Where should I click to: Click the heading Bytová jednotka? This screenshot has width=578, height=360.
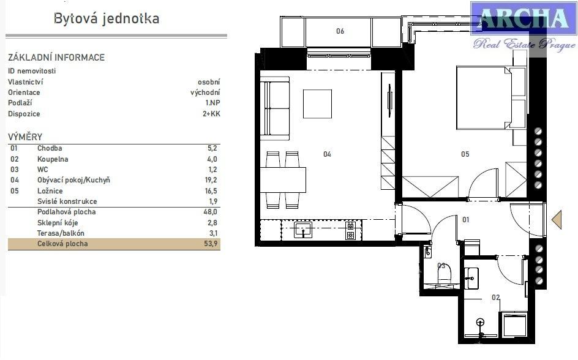(x=107, y=18)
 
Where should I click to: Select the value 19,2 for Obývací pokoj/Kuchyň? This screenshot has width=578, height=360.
(x=211, y=180)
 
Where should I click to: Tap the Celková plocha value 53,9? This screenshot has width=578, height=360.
(x=211, y=244)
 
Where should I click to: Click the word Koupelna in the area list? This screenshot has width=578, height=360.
(x=53, y=159)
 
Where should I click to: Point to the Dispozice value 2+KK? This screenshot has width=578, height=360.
(x=211, y=113)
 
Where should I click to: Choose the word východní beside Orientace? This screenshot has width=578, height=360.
(x=205, y=92)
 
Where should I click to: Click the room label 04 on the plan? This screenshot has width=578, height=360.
(x=328, y=154)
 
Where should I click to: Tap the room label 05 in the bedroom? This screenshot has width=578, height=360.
(x=465, y=154)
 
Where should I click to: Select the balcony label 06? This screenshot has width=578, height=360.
(x=340, y=31)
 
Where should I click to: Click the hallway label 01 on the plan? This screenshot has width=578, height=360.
(x=466, y=220)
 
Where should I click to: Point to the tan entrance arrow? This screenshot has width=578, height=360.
(x=557, y=220)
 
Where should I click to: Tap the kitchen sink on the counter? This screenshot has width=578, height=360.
(x=303, y=230)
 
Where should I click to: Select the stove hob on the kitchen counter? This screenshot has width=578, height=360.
(x=350, y=230)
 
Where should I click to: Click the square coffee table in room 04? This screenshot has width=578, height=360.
(x=317, y=104)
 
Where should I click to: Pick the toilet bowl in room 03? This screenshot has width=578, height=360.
(x=444, y=274)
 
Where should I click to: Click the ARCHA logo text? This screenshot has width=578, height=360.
(x=524, y=18)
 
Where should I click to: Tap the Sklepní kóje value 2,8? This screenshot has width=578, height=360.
(x=212, y=223)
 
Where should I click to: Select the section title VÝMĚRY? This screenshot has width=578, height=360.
(x=25, y=137)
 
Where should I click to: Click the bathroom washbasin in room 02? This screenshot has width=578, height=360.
(x=471, y=278)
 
